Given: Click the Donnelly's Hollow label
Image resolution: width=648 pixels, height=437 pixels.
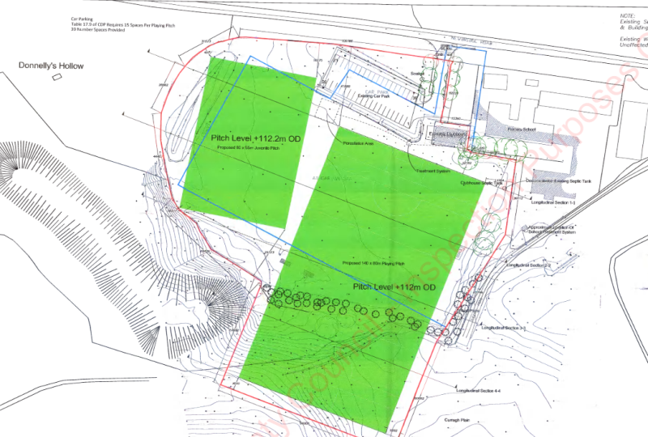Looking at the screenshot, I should tap(53, 66).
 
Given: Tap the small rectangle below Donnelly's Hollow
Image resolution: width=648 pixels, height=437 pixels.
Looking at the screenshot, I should tap(57, 77).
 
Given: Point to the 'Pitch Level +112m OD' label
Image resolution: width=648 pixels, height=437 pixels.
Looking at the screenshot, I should tap(395, 287).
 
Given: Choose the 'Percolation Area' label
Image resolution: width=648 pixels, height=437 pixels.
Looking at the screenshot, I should tap(357, 142).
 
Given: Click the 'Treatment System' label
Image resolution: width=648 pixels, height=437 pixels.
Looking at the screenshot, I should tap(433, 171).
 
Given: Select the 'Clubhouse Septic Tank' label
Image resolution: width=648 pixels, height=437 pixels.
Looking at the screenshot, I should tap(482, 183).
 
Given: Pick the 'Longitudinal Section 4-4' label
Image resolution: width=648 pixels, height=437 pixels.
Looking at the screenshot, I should tap(479, 391).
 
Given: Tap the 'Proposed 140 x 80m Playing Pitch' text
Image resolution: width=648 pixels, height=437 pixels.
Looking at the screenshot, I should tap(374, 264).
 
